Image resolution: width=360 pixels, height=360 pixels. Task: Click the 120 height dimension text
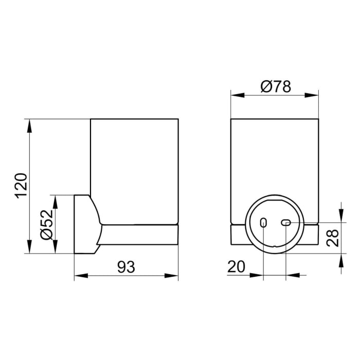pos(20,186)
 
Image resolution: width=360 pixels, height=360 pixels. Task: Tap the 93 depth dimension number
pos(126,267)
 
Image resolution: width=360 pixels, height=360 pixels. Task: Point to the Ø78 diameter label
pos(275,86)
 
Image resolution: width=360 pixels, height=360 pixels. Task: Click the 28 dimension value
pos(334,238)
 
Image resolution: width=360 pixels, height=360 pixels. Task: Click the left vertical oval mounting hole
pos(263,223)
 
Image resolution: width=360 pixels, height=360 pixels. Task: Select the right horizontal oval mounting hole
pos(286,222)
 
